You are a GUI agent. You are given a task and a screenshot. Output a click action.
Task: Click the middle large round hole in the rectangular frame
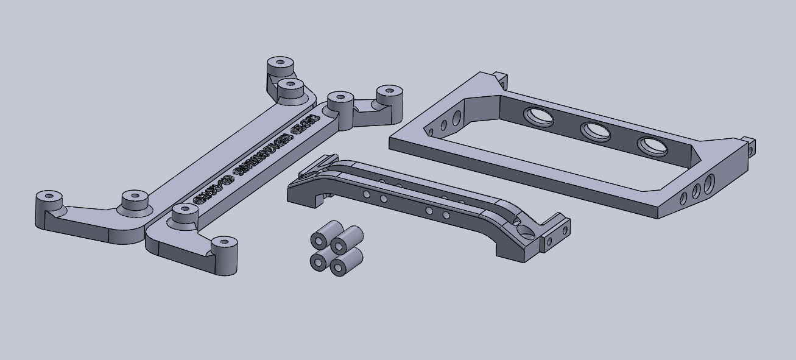tap(596, 131)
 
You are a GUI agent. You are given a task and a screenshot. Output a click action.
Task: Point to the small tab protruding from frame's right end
tap(750, 147)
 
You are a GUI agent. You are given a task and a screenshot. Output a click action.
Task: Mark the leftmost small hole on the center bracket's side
tap(367, 194)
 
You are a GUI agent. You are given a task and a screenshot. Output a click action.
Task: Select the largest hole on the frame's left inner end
tap(456, 117)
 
